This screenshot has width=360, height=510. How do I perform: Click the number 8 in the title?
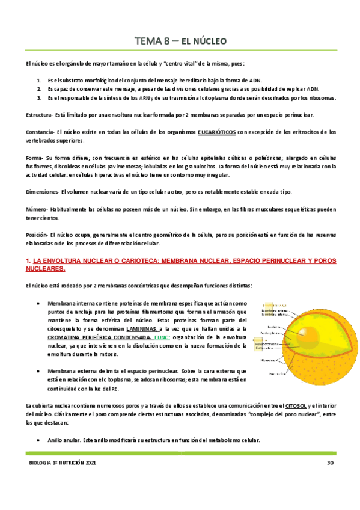click(159, 41)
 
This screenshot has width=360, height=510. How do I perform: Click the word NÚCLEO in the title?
click(207, 41)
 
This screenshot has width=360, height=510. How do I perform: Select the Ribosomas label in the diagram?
click(268, 360)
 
